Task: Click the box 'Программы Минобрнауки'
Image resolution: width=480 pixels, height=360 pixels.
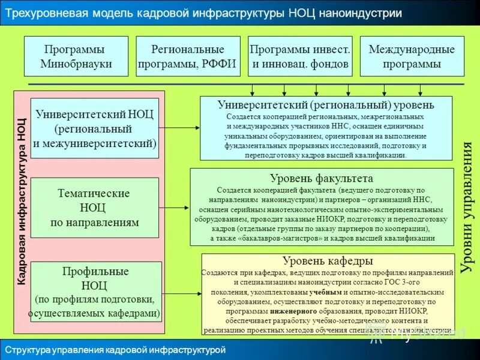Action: tap(76, 56)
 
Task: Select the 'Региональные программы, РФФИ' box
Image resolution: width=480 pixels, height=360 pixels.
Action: tap(188, 56)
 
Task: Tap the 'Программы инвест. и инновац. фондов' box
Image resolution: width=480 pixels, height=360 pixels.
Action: tap(300, 56)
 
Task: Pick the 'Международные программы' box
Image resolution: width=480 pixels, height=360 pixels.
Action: tap(412, 56)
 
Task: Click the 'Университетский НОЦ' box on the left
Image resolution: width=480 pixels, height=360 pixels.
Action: tap(94, 128)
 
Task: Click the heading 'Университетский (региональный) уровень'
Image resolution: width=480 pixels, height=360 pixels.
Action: tap(326, 105)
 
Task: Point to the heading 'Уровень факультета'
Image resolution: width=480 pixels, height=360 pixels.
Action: tap(322, 178)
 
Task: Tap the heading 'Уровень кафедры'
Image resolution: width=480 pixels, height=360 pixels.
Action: tap(328, 260)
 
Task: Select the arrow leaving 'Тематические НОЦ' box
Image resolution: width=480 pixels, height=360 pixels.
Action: tap(174, 208)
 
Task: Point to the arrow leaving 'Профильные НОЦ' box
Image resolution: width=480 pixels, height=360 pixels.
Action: tap(182, 293)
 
